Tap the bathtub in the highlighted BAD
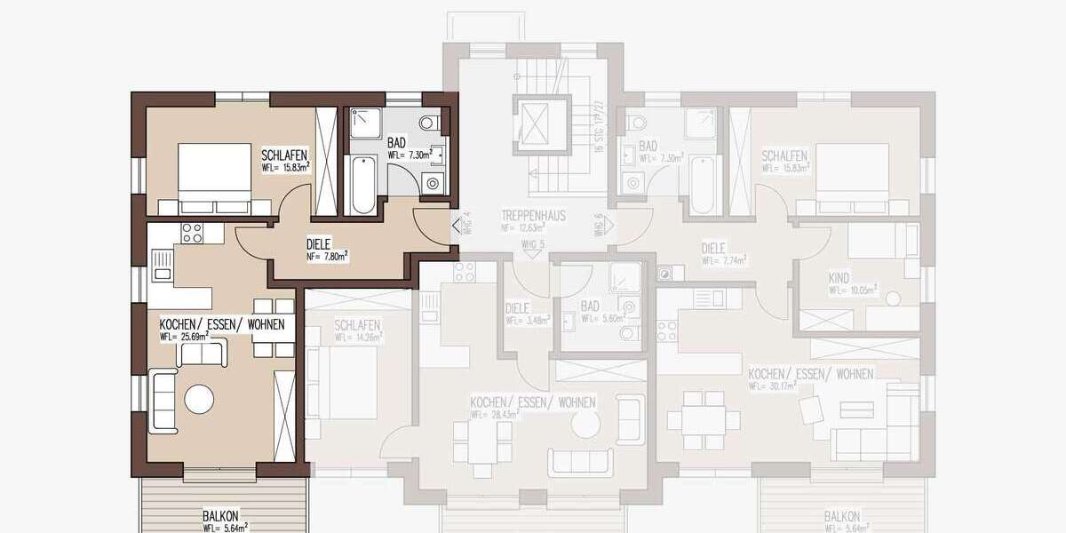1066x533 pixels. pos(362,185)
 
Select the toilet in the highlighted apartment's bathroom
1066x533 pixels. pos(430,122)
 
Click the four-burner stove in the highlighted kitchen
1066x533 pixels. pos(193,233)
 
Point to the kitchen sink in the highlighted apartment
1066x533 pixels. pos(162,264)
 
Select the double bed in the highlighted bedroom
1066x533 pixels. pos(212,175)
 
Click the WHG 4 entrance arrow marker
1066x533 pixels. pos(456,226)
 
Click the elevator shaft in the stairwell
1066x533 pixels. pos(537,120)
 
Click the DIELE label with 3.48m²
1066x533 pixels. pos(517,308)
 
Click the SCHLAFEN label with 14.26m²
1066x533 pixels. pos(358,325)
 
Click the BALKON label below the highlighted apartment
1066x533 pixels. pos(219,516)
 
